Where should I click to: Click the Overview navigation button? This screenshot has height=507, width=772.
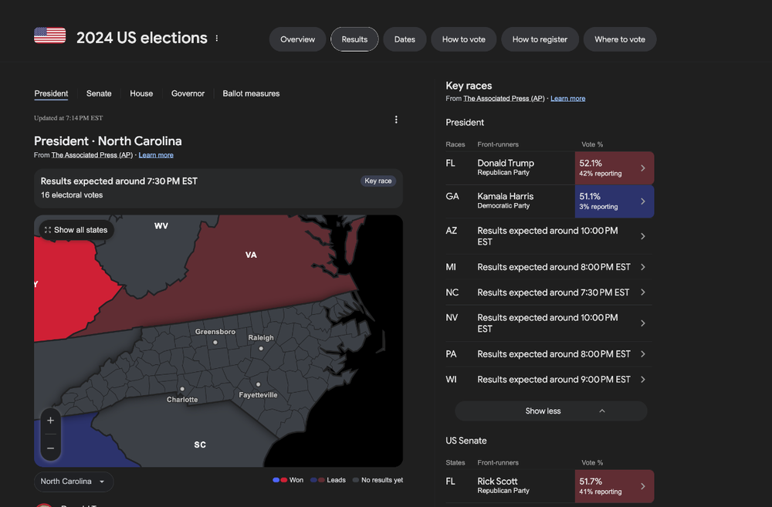point(297,39)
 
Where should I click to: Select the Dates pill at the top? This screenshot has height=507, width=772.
point(405,39)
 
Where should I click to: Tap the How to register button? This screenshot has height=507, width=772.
point(540,39)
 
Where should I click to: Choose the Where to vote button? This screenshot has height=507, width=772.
point(619,39)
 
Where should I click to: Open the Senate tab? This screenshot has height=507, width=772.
point(99,93)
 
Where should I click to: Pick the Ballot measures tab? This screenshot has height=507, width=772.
point(251,93)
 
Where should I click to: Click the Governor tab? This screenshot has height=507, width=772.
point(188,93)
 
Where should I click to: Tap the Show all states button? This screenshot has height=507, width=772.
point(76,230)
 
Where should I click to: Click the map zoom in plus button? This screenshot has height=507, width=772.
point(50,421)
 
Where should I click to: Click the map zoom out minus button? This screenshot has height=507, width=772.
point(50,448)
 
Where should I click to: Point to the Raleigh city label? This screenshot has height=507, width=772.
point(261,338)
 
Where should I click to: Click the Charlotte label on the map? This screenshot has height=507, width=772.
point(182,399)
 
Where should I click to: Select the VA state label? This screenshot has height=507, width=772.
point(251,255)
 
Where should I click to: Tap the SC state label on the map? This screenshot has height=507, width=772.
point(200,444)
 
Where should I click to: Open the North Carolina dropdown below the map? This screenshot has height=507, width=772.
point(73,482)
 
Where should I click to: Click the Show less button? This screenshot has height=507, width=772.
point(551,411)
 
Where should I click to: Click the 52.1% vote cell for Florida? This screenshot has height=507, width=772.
point(615,168)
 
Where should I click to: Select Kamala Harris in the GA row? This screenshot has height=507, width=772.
point(506,197)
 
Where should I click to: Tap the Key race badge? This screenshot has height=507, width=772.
point(378,181)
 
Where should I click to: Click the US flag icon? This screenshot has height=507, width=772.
point(49,35)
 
